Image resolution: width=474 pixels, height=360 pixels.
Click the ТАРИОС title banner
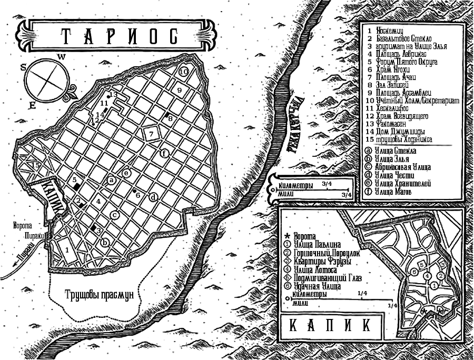pyautogui.click(x=116, y=36)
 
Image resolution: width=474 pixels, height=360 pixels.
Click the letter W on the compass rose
pyautogui.click(x=62, y=56)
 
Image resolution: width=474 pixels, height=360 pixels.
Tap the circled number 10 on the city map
pyautogui.click(x=184, y=71)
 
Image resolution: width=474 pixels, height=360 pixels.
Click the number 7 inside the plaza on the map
pyautogui.click(x=151, y=134)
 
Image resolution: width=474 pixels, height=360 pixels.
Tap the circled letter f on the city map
pyautogui.click(x=164, y=153)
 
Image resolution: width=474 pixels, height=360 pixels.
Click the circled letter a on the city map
pyautogui.click(x=111, y=180)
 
